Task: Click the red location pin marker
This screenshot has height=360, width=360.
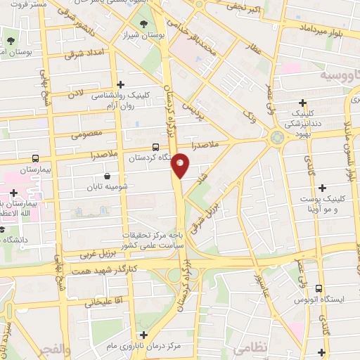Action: tap(181, 165)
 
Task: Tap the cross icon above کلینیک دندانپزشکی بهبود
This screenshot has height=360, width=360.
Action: tap(302, 103)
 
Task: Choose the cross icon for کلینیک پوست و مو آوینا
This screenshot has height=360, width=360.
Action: tap(323, 188)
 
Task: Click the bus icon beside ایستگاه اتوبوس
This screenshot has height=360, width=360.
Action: tap(320, 288)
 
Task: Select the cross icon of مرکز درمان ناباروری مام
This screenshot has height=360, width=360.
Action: tap(144, 335)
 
